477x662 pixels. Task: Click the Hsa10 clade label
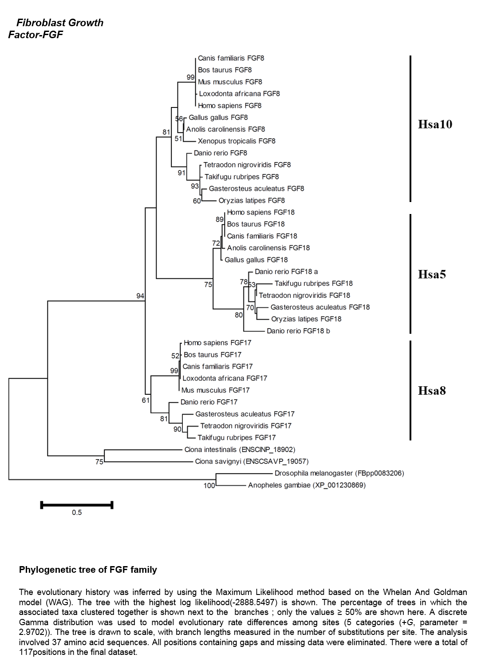click(x=435, y=124)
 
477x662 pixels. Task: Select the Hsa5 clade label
click(x=431, y=274)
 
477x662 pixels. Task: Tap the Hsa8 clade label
click(x=431, y=390)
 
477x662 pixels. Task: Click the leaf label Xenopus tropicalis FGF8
click(x=237, y=141)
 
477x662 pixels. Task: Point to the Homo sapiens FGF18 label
click(x=260, y=212)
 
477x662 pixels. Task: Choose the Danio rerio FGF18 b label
click(x=298, y=331)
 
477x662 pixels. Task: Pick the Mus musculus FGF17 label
click(x=215, y=390)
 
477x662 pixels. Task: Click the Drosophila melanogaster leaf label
click(x=339, y=473)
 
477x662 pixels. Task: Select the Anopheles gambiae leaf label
click(x=307, y=485)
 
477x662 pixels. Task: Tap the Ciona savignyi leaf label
click(x=252, y=461)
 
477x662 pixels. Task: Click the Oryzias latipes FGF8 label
click(x=252, y=200)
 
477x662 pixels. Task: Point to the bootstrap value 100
click(x=209, y=486)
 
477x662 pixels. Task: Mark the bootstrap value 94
click(x=140, y=296)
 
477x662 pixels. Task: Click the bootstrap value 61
click(x=146, y=400)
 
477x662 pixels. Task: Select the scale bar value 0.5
click(x=77, y=512)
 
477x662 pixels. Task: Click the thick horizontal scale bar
click(x=77, y=505)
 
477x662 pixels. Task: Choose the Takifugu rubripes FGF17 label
click(x=237, y=437)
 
